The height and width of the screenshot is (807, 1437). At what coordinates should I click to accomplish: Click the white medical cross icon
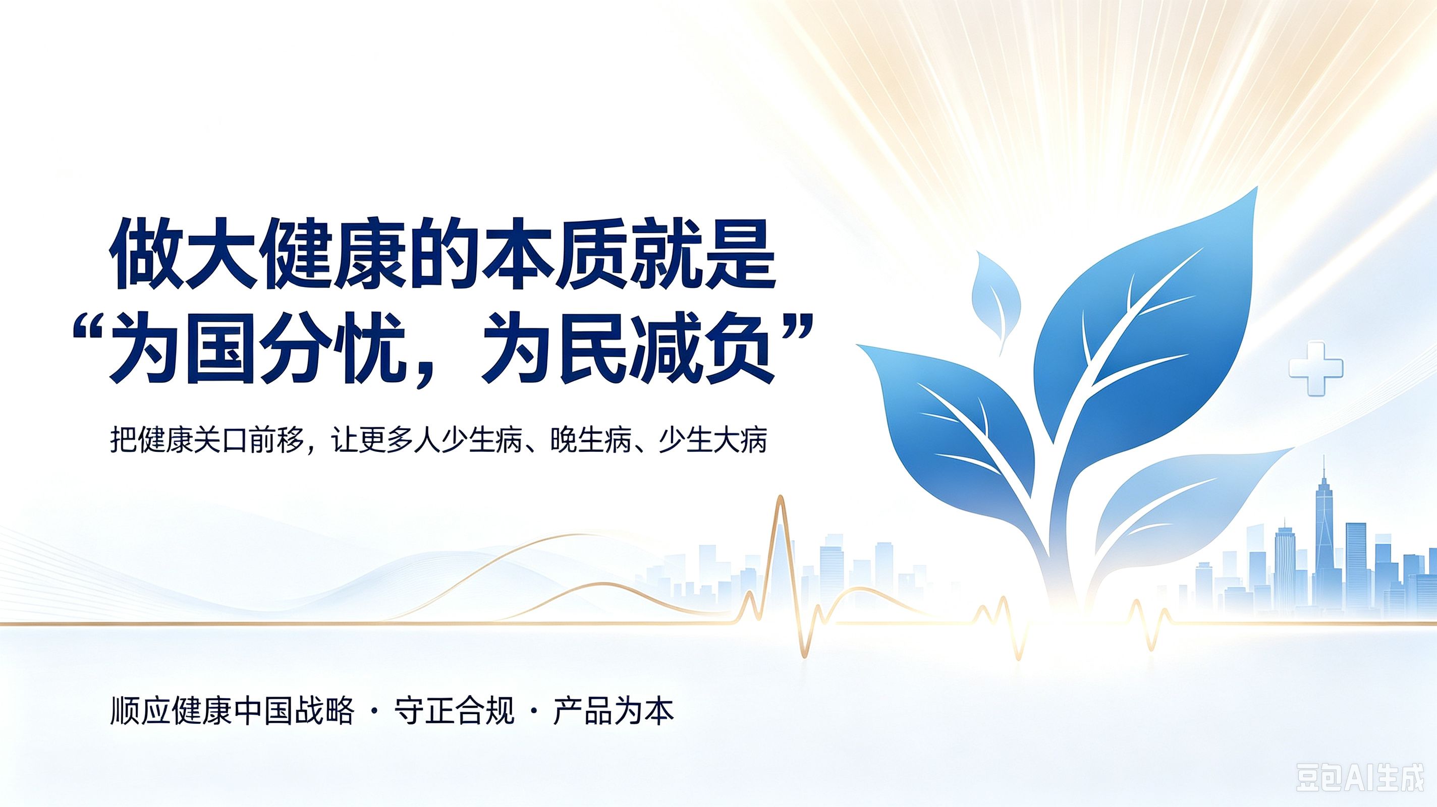(x=1316, y=369)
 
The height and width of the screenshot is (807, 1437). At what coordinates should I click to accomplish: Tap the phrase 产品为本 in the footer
(x=614, y=711)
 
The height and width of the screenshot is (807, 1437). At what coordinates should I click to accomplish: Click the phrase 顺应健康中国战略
(x=233, y=711)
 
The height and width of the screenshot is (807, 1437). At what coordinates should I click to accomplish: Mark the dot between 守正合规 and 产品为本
(x=534, y=711)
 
